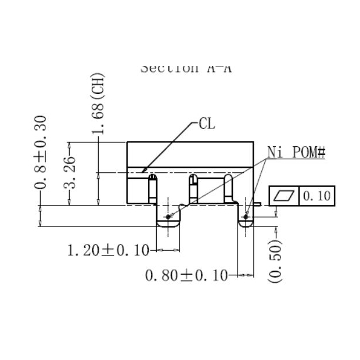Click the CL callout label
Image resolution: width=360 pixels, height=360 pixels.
click(207, 123)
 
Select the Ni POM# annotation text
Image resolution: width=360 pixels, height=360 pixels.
click(296, 153)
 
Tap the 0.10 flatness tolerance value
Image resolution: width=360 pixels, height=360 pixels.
click(316, 196)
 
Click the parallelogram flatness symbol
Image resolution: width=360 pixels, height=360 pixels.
click(284, 196)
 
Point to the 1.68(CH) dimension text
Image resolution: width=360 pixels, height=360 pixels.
click(98, 103)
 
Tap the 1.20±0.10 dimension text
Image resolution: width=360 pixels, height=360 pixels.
click(107, 251)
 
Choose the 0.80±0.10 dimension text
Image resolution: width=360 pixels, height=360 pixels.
click(186, 275)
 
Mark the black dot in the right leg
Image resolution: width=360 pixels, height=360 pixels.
click(246, 217)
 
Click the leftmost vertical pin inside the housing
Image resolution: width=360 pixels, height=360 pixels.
click(152, 188)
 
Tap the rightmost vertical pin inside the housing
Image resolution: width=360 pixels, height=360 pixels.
click(229, 188)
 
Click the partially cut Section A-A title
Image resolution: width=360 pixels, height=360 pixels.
click(186, 68)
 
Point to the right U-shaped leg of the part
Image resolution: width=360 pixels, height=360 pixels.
click(247, 221)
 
